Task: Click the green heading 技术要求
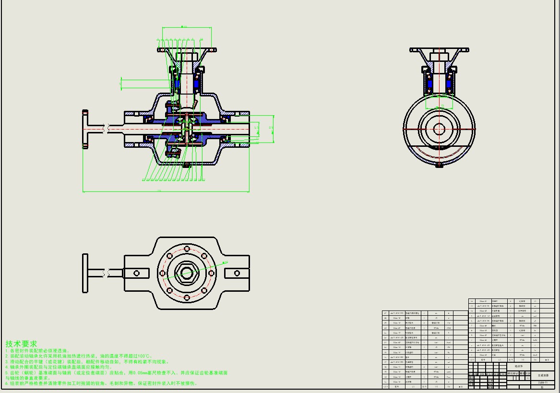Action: [x=21, y=344]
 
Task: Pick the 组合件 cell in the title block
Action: [x=519, y=367]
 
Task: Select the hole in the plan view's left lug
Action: [x=136, y=273]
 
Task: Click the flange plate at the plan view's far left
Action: [x=85, y=273]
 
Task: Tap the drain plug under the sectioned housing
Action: [x=187, y=166]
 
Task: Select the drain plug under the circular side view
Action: [x=439, y=166]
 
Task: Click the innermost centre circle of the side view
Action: [x=439, y=129]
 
